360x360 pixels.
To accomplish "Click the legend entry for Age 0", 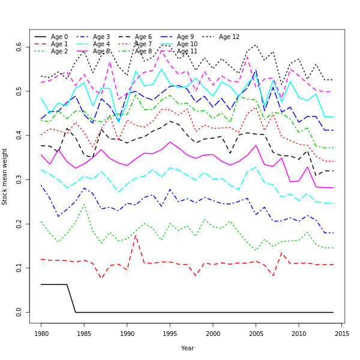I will tap(59, 37).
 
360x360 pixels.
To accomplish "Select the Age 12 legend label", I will tap(229, 37).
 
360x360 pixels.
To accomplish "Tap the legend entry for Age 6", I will tap(143, 37).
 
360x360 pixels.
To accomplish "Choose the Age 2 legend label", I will tap(59, 52).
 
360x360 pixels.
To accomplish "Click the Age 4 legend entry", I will tap(101, 44).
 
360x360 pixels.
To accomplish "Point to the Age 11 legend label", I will tap(187, 52).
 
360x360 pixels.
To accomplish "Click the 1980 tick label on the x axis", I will tap(41, 333).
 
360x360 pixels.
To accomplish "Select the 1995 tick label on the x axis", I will tap(170, 333).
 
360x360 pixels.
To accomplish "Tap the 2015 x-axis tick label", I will tap(342, 333).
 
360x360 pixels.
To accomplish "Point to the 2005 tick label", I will tap(256, 333).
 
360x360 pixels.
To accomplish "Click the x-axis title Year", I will tap(187, 348).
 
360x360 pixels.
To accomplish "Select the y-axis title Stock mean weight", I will tap(5, 176).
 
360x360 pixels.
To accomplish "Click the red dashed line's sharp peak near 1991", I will tap(136, 235).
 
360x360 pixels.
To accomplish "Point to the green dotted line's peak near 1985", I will tap(84, 205).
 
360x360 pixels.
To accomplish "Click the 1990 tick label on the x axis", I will tap(127, 333).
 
